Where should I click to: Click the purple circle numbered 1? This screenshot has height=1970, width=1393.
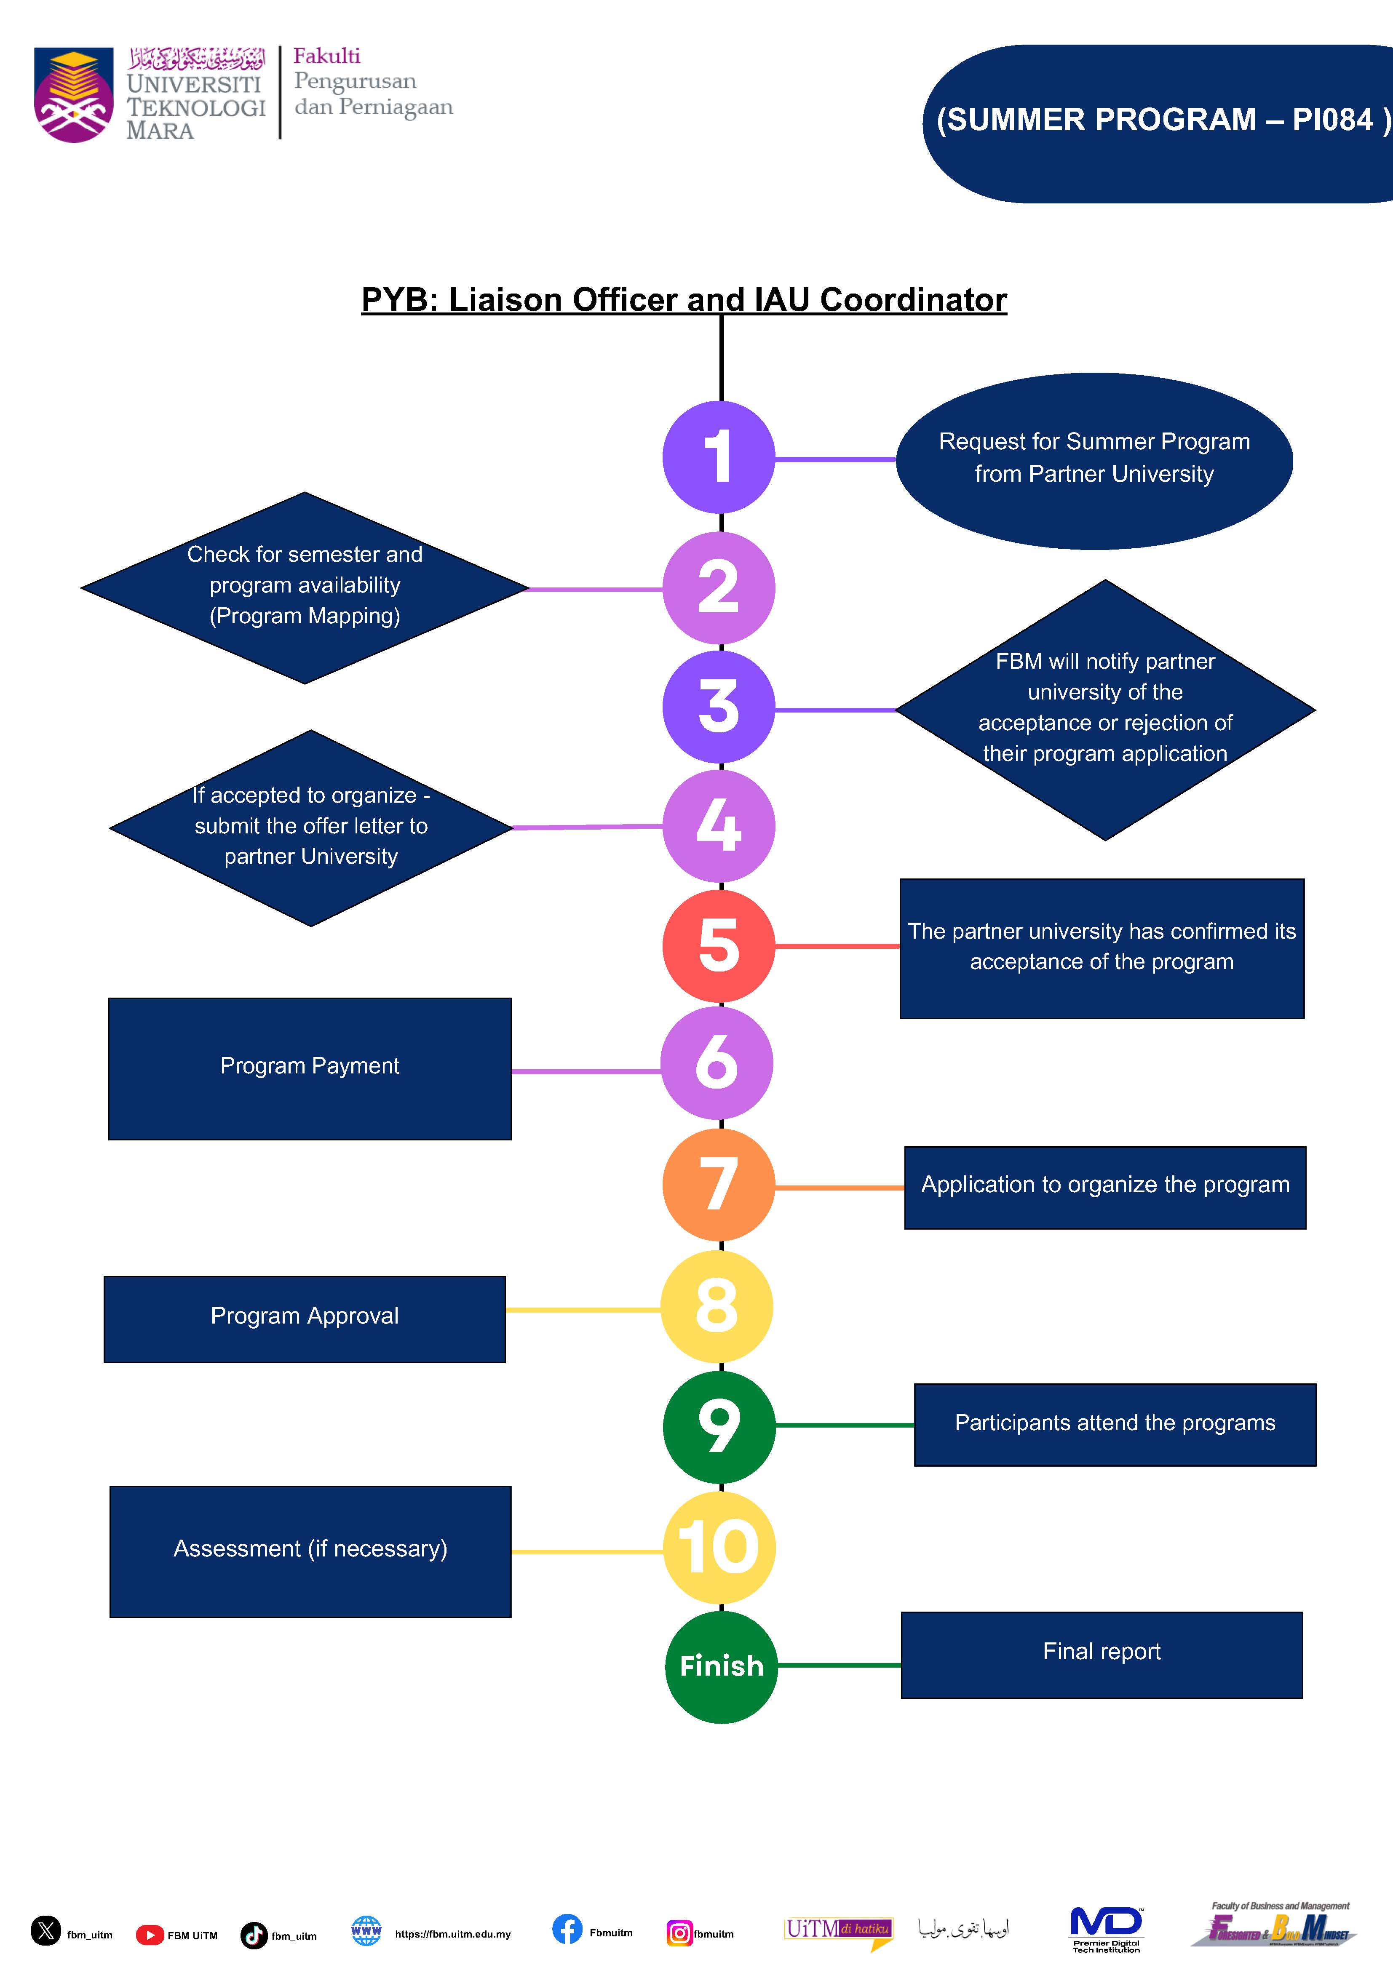(x=718, y=457)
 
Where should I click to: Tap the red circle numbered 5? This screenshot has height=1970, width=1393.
(x=718, y=945)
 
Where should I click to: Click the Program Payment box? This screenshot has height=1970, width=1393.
(x=310, y=1068)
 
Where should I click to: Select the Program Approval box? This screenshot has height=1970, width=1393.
(x=305, y=1319)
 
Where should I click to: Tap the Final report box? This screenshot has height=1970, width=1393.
(x=1101, y=1654)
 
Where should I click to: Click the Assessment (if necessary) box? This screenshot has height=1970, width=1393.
(x=310, y=1551)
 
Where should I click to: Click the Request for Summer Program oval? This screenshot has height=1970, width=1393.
(x=1094, y=461)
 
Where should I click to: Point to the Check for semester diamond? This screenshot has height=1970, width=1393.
(x=305, y=588)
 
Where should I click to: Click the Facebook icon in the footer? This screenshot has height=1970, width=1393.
(x=567, y=1929)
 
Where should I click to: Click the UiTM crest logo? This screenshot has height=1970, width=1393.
(x=74, y=94)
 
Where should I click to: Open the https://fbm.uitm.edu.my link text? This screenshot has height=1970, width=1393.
(x=452, y=1934)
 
